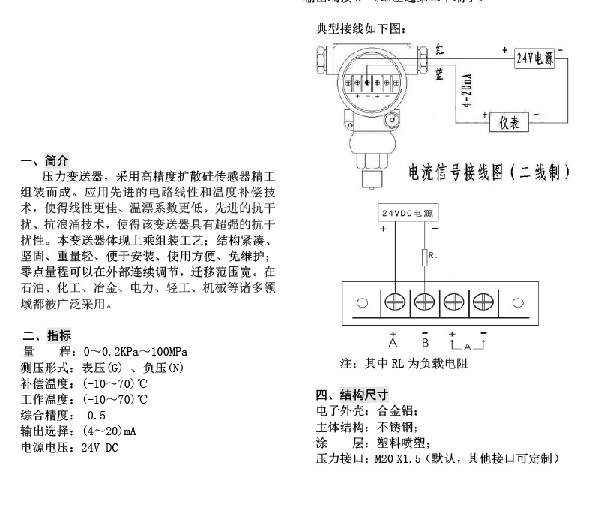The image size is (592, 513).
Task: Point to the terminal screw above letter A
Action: click(394, 302)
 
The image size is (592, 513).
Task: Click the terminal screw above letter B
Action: click(424, 302)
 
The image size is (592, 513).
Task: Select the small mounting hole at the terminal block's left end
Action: click(363, 303)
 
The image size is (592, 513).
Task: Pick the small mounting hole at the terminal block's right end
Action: click(517, 303)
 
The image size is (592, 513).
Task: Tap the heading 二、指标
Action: click(46, 335)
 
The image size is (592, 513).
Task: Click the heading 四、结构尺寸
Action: click(352, 394)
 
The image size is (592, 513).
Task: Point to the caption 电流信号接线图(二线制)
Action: click(489, 174)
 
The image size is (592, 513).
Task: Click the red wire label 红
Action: click(441, 49)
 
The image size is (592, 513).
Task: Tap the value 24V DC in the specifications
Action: click(100, 448)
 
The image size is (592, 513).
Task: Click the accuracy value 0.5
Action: click(97, 415)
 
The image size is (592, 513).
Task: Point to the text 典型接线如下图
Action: click(361, 30)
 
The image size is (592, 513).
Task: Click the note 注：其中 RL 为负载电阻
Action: click(405, 363)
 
